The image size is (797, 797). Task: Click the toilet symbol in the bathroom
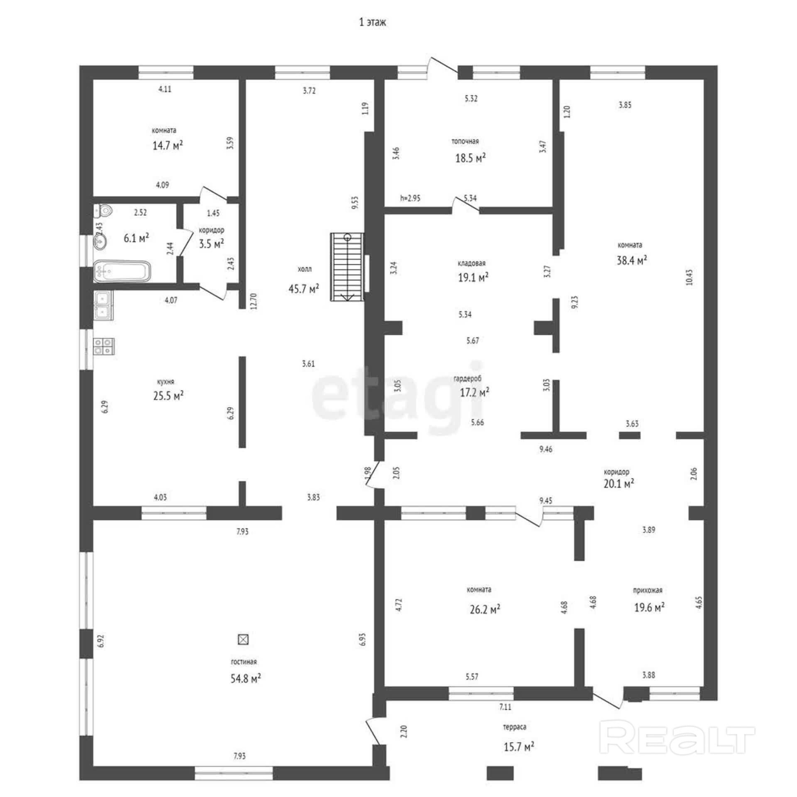(x=103, y=211)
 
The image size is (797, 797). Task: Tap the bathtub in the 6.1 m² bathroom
(x=122, y=271)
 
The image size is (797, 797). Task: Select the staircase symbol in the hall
(x=347, y=266)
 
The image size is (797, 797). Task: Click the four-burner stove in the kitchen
(x=104, y=346)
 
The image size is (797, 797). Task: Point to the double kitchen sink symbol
(x=104, y=305)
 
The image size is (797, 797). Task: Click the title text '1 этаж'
(x=373, y=22)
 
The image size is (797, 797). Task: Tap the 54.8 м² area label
(x=246, y=678)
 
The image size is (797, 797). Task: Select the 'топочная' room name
(x=465, y=141)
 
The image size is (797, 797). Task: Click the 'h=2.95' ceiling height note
(x=410, y=198)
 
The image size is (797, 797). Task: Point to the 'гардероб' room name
(x=468, y=379)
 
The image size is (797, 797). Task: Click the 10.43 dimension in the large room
(x=689, y=277)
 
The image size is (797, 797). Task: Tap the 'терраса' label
(x=515, y=727)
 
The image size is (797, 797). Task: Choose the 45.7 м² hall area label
(x=304, y=288)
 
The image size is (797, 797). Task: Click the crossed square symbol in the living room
(x=243, y=639)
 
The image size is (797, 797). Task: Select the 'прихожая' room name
(x=648, y=590)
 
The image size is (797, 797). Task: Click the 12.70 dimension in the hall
(x=254, y=301)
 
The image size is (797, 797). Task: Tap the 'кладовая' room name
(x=472, y=263)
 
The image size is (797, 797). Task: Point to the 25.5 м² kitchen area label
(x=168, y=396)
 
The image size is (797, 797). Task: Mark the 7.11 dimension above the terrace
(x=505, y=706)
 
